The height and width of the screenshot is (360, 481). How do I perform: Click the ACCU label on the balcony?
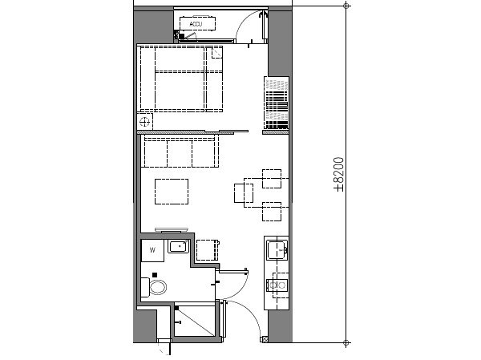coord(195,25)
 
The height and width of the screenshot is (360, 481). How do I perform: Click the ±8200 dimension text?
coord(339,174)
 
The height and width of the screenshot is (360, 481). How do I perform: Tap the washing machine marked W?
coord(152,250)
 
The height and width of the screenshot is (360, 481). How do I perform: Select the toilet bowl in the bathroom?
coord(159,286)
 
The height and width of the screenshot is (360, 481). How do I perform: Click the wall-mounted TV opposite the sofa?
coord(171,229)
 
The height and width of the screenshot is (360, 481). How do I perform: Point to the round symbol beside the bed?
coord(145,122)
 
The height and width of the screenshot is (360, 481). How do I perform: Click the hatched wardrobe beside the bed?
coord(276,105)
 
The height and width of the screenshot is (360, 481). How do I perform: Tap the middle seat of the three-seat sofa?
coord(180,152)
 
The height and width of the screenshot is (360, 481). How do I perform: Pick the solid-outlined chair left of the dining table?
coord(243,193)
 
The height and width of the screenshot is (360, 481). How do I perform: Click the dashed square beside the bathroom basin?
coord(208,249)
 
